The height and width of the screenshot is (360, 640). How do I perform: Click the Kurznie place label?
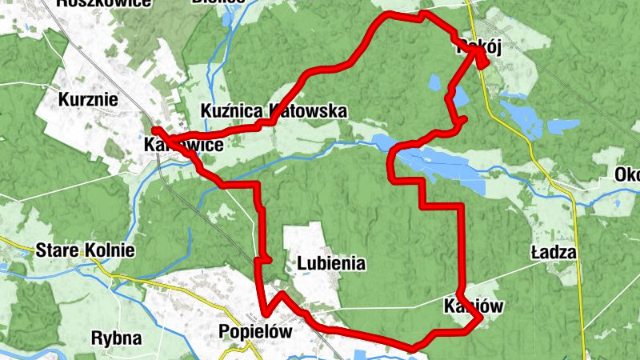point(89,100)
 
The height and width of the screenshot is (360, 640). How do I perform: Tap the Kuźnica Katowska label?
point(274,110)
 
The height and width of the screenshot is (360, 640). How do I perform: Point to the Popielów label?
point(253,331)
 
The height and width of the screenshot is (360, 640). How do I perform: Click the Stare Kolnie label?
point(85,250)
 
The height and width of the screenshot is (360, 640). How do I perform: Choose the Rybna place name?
point(116,338)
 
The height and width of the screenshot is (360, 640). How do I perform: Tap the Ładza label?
point(554,253)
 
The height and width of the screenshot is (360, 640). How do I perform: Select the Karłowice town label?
point(183,146)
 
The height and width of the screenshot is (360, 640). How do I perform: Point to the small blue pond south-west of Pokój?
point(434,82)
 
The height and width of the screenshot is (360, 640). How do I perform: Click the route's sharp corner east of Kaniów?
point(481,319)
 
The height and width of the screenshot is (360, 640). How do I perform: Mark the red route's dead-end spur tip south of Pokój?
point(464,120)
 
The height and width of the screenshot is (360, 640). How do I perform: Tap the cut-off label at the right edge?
point(627,175)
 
